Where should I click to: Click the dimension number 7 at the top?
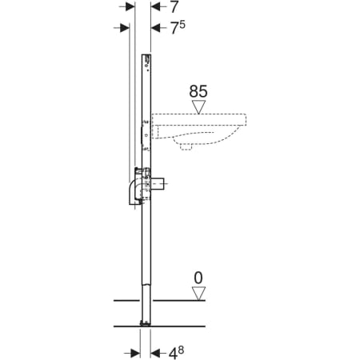174,7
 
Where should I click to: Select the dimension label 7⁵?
178,27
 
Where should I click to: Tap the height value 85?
198,91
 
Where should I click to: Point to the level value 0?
198,278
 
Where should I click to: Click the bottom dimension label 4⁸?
176,353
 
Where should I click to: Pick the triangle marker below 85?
199,107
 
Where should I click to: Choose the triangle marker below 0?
198,294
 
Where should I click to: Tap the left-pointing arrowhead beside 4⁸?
155,354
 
